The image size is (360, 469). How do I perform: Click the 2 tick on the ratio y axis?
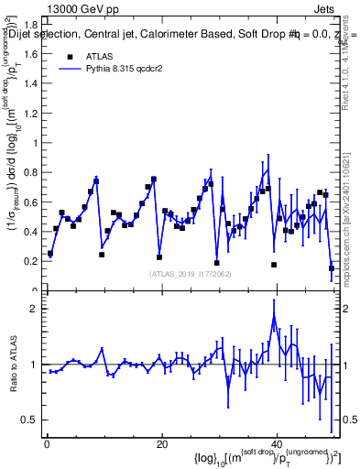click(36, 309)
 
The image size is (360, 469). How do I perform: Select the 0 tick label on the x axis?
click(46, 444)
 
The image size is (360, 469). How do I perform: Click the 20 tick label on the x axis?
click(161, 444)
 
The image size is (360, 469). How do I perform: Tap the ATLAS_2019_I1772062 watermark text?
click(191, 274)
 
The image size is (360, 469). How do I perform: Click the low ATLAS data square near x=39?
click(273, 265)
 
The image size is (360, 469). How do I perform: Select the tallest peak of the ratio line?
click(274, 317)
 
